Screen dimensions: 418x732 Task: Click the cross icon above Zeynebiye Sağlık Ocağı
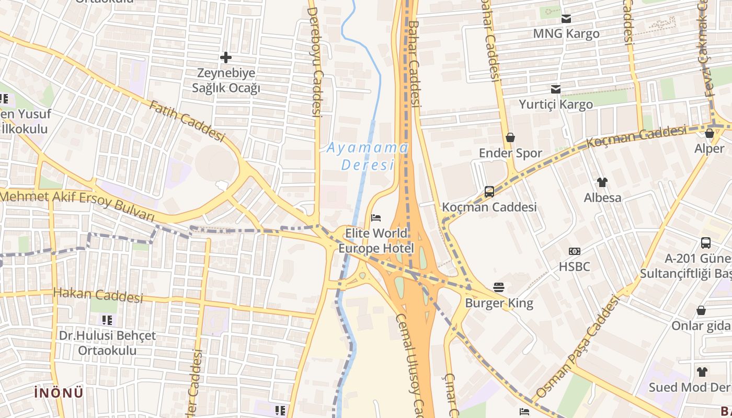[x=226, y=57]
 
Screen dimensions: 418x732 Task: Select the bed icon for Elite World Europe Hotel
[x=376, y=217]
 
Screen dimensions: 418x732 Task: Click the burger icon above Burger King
[x=499, y=287]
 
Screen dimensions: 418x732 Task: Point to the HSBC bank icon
[x=574, y=251]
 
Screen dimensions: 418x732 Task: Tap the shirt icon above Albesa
[x=602, y=182]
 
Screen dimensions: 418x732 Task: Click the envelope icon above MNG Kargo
[x=566, y=19]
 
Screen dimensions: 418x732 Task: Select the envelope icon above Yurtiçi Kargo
[x=555, y=89]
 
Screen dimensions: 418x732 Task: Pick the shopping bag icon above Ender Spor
[x=510, y=137]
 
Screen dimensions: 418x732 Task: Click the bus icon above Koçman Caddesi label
[x=489, y=191]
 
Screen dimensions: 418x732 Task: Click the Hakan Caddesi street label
[x=98, y=295]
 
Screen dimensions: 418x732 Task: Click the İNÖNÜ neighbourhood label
[x=59, y=393]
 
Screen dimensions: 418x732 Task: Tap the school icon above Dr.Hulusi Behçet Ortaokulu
[x=107, y=320]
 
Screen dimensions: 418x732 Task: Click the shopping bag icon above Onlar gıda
[x=701, y=310]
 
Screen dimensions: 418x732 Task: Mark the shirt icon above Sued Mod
[x=702, y=371]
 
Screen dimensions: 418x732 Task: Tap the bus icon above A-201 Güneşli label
[x=705, y=242]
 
